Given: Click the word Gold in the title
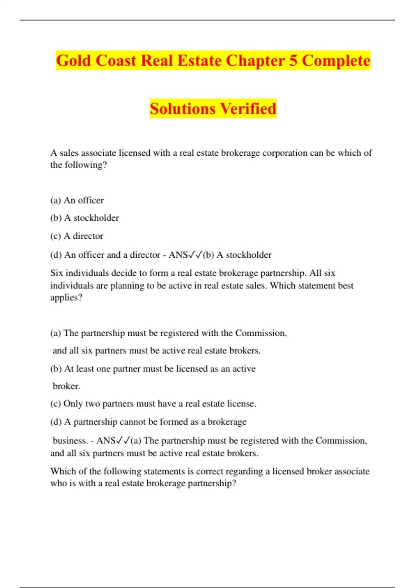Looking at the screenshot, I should tap(74, 61).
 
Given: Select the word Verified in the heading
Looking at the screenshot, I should tap(248, 109).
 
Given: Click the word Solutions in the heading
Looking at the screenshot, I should tap(183, 109).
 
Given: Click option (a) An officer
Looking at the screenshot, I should tap(77, 200).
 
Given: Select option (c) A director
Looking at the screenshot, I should tap(77, 236).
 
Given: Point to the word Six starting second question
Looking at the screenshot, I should tap(57, 273).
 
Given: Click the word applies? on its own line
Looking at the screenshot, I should tap(66, 297).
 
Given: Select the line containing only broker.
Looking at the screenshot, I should tap(66, 386).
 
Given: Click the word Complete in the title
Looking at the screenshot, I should tap(336, 61).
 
